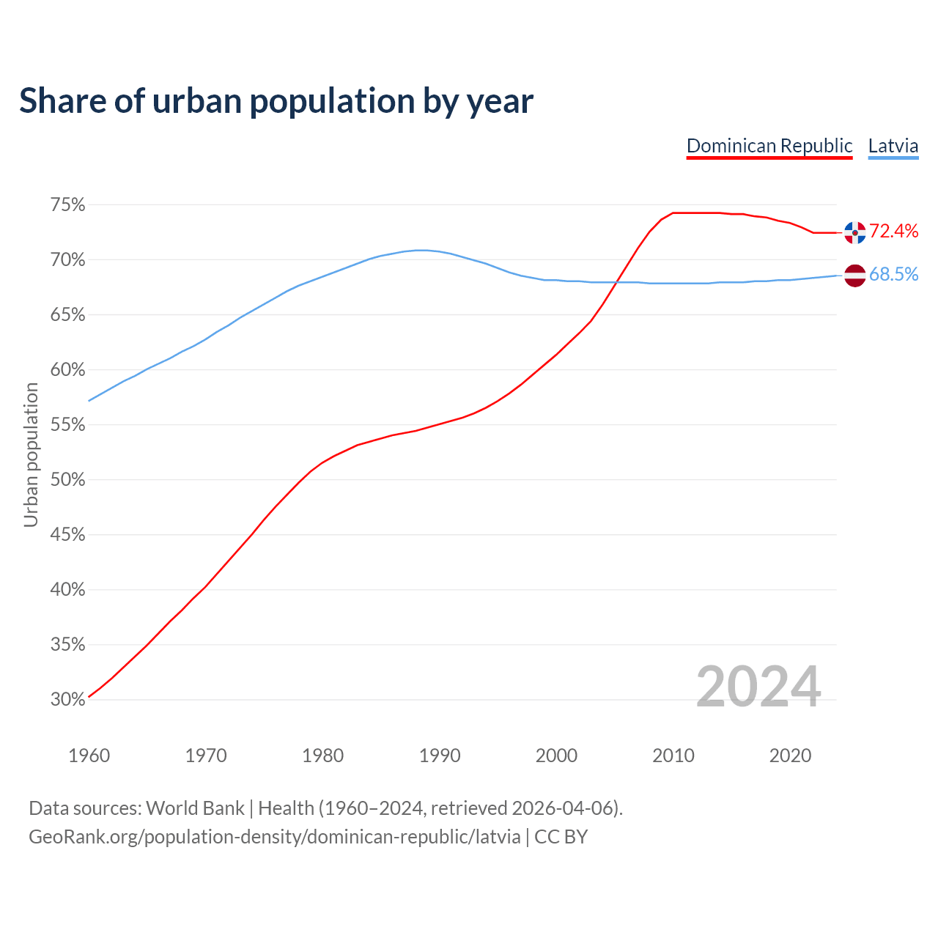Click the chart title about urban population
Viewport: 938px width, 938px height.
276,101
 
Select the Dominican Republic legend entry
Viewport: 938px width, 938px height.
769,146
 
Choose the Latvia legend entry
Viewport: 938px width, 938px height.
893,146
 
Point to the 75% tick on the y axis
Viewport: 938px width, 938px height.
67,205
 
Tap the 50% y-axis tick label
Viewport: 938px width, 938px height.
67,480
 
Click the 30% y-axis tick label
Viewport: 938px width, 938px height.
67,700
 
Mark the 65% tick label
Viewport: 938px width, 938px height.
67,315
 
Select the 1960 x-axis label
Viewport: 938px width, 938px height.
89,756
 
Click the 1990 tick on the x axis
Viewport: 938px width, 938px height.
440,756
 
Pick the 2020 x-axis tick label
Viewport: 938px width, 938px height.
790,756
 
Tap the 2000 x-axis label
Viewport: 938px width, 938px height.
556,756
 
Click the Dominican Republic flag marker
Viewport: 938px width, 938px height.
854,232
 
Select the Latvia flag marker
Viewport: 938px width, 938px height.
854,276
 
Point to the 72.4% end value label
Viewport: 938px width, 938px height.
893,232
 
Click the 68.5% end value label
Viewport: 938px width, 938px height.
893,275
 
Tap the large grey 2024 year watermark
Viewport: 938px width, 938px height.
758,687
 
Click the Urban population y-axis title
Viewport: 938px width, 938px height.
31,454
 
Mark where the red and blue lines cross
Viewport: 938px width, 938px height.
617,282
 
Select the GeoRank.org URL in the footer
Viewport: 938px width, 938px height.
274,837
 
